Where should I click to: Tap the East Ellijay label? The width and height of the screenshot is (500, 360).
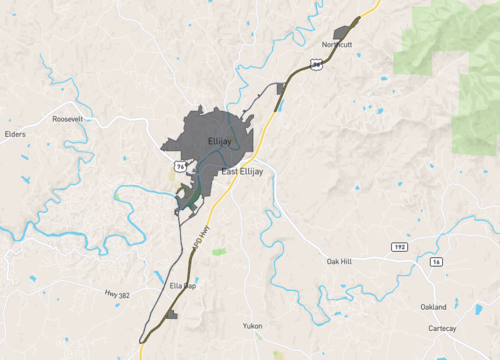coord(243,172)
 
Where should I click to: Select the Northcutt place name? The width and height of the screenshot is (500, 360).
coord(337,45)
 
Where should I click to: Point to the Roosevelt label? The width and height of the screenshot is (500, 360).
coord(69,118)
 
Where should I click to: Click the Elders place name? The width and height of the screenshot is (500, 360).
coord(14,133)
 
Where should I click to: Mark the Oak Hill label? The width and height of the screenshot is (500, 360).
coord(340,261)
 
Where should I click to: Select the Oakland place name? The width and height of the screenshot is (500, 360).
coord(433,307)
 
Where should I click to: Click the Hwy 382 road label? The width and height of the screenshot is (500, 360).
coord(117,294)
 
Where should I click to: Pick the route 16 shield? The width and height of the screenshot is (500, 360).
coord(436,261)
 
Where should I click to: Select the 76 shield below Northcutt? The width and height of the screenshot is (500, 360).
coord(316,63)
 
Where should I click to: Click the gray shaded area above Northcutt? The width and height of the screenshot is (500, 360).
coord(348,30)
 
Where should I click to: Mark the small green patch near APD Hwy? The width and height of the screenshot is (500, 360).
coord(219,251)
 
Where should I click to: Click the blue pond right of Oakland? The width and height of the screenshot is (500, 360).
coord(455,303)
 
